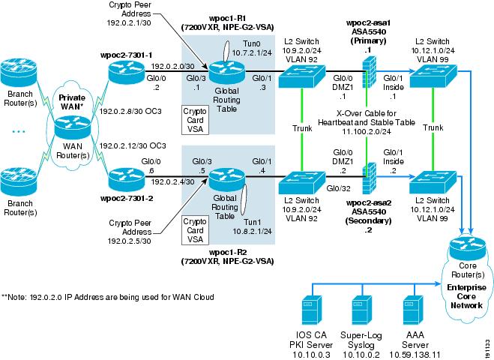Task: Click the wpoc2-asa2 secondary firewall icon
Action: tap(367, 181)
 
